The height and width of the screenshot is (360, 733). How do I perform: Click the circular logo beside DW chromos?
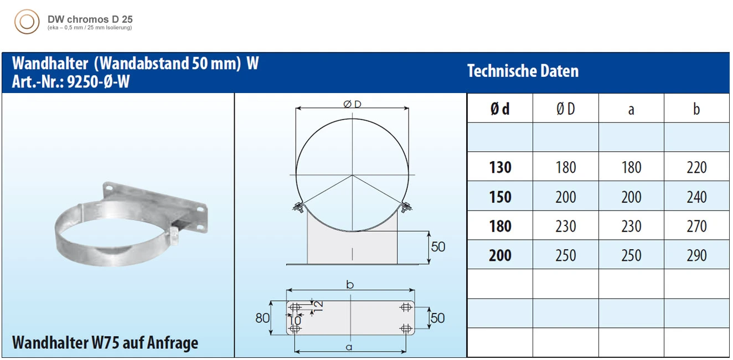[27, 22]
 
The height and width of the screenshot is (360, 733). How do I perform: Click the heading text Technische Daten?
[523, 71]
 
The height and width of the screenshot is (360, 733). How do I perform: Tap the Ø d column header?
[500, 109]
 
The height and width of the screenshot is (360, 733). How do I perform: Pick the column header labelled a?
[631, 109]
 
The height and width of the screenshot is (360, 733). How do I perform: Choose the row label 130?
[500, 167]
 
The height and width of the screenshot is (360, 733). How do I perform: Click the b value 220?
[696, 167]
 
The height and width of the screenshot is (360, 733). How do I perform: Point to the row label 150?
[500, 197]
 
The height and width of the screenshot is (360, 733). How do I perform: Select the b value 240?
[696, 197]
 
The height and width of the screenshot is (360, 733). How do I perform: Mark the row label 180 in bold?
[500, 226]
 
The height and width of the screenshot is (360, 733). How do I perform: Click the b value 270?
[696, 226]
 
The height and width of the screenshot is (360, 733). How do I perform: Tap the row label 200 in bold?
[500, 255]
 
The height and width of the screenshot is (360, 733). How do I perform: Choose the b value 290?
[696, 255]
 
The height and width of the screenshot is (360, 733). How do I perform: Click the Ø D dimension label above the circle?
[352, 104]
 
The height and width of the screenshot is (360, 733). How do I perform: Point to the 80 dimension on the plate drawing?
[262, 318]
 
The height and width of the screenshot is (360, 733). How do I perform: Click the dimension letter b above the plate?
[350, 285]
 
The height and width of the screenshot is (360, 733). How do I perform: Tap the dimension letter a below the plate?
[349, 347]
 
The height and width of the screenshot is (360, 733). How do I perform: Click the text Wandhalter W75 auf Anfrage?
[105, 343]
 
